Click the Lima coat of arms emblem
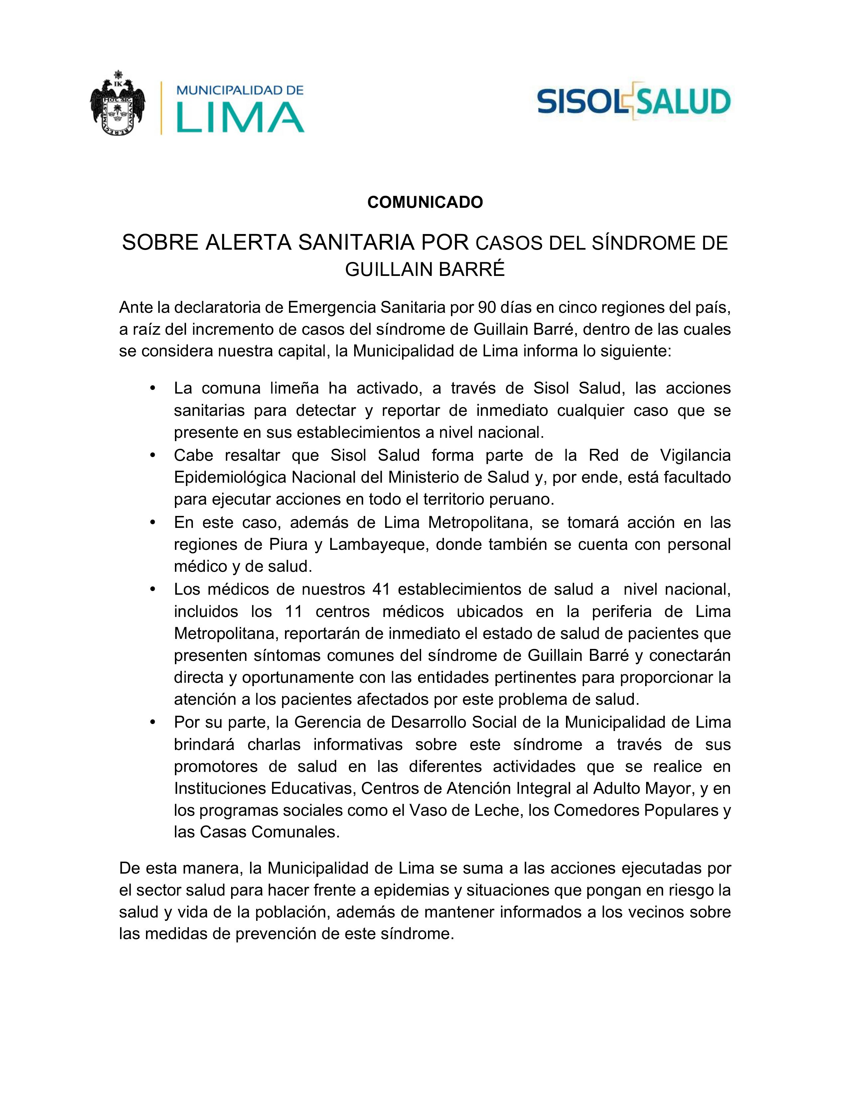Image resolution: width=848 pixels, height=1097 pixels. [x=117, y=106]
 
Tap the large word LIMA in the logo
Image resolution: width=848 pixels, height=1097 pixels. [x=240, y=118]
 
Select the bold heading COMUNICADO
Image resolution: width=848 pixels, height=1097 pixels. [x=425, y=202]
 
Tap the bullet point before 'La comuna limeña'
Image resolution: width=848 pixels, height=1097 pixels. [x=153, y=388]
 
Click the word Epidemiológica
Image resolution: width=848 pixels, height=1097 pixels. [x=231, y=477]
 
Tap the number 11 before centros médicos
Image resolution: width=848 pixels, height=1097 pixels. [x=294, y=611]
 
